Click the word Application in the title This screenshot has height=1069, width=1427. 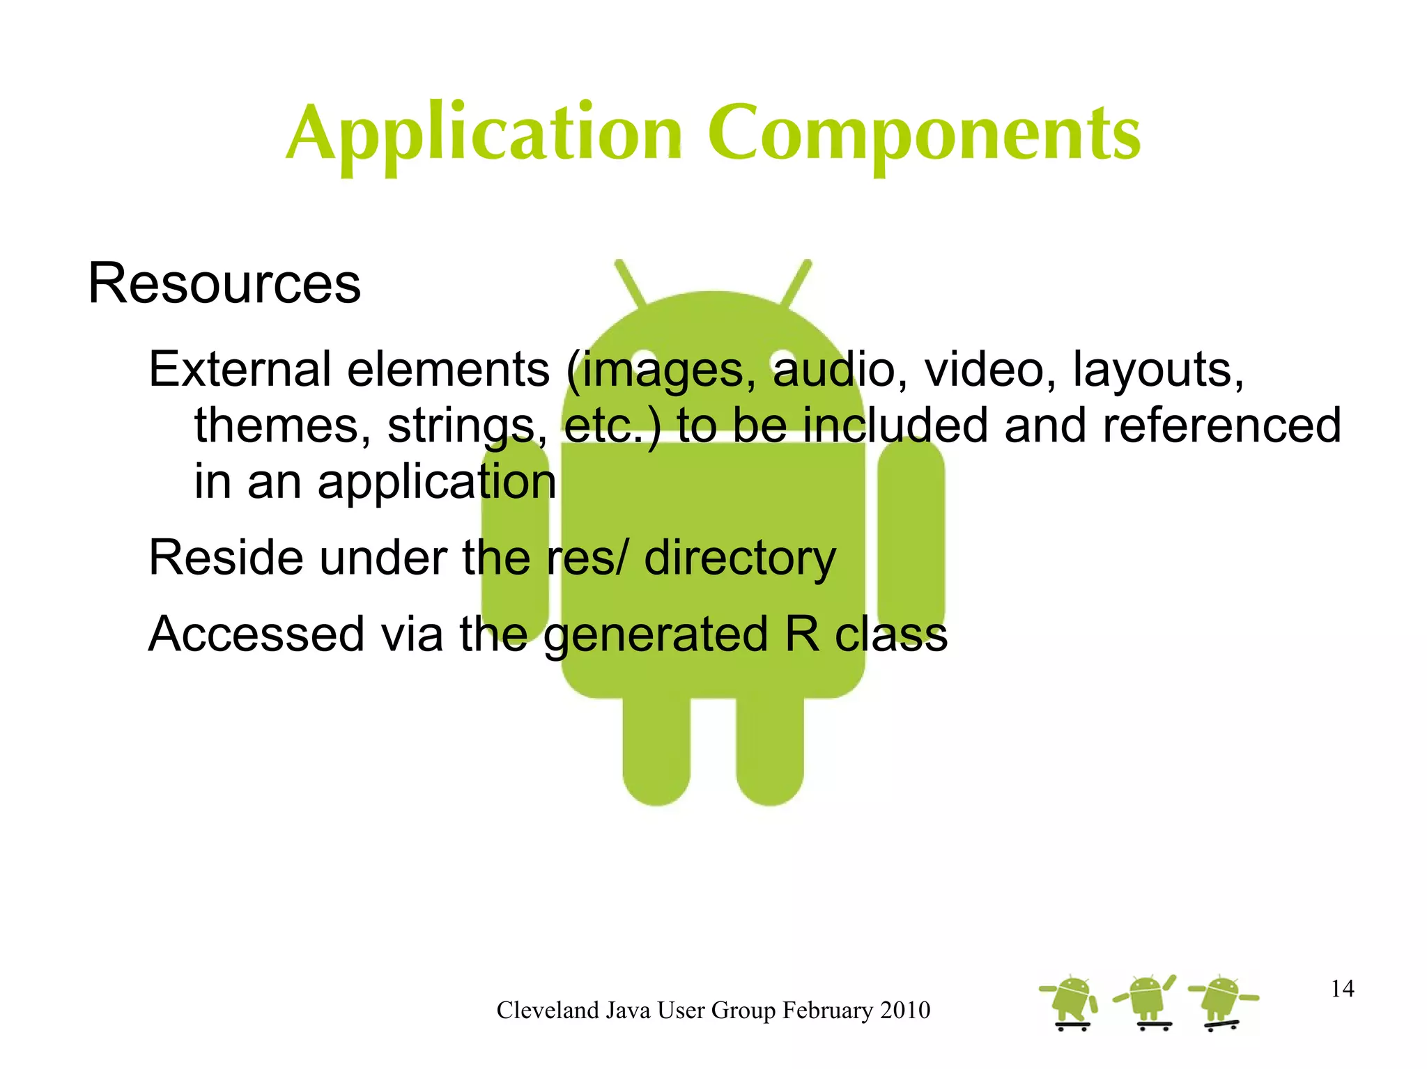point(484,134)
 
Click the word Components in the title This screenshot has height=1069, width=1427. point(925,134)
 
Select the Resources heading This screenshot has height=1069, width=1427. point(224,284)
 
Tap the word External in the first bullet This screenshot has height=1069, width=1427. point(240,369)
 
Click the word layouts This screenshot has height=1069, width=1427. point(1157,369)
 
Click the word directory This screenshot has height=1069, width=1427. point(739,559)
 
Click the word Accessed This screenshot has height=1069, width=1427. point(256,634)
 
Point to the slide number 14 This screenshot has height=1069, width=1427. point(1342,988)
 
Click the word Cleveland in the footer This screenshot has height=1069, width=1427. point(548,1011)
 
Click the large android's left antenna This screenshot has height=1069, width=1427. point(630,283)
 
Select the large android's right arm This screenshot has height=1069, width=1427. point(911,529)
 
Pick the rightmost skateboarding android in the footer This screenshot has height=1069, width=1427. point(1223,1001)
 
